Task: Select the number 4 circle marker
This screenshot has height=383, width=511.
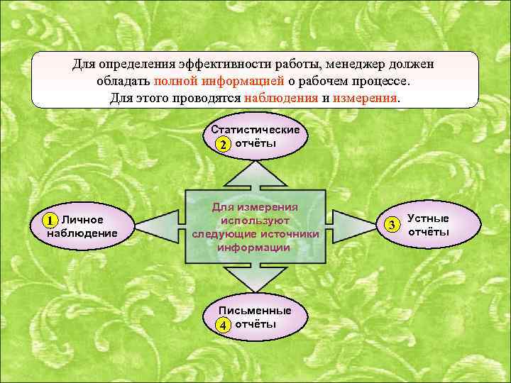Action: point(223,326)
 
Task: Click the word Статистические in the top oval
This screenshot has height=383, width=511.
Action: point(255,131)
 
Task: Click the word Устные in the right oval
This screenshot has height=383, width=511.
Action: point(428,218)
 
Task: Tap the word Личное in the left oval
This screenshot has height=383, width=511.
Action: point(83,220)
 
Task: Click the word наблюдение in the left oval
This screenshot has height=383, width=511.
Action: point(82,233)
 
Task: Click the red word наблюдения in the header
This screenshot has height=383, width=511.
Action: point(280,98)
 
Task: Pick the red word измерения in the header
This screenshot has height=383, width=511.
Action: point(366,98)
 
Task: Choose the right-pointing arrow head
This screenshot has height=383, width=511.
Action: point(358,226)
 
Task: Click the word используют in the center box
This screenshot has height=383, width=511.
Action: point(255,220)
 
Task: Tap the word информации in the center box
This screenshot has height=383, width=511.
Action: point(255,248)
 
